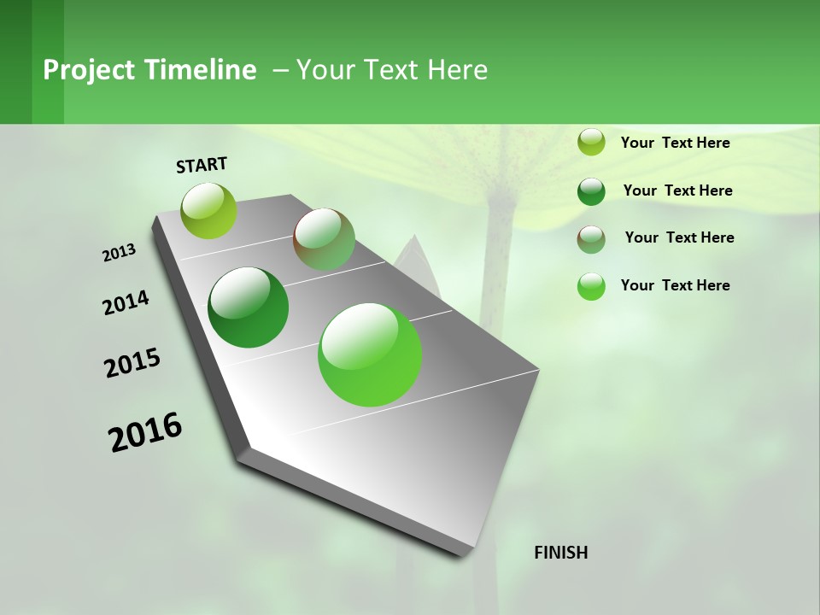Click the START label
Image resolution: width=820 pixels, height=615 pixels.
[x=202, y=165]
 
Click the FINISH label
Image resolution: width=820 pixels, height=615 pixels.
[x=560, y=553]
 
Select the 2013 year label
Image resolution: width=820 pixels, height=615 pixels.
[x=120, y=253]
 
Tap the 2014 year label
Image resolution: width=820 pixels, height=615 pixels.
[x=126, y=302]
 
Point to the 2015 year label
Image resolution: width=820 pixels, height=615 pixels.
[x=132, y=363]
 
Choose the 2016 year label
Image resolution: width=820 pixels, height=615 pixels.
[x=145, y=431]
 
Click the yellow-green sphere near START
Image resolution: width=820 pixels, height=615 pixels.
[x=209, y=211]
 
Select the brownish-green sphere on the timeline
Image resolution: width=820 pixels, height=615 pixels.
[x=324, y=239]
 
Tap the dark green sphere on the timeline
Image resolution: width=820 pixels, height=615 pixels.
[x=249, y=307]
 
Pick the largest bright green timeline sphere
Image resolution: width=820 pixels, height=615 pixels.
[x=370, y=354]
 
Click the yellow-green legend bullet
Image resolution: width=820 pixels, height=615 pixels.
[x=591, y=143]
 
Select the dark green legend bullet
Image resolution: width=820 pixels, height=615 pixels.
[x=591, y=191]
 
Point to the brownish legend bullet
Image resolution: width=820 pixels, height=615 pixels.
[x=591, y=239]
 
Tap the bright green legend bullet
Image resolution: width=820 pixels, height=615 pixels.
[x=591, y=286]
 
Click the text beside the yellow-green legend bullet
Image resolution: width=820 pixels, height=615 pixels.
[x=675, y=143]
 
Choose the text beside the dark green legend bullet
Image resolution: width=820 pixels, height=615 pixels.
[x=677, y=190]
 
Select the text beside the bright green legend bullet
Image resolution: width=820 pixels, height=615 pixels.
[x=675, y=285]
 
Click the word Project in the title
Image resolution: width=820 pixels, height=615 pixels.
[x=89, y=70]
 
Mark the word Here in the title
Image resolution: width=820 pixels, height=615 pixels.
[x=457, y=70]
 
